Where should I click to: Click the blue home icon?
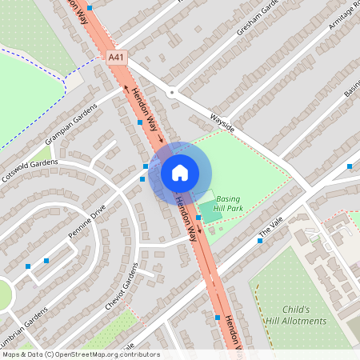click(x=180, y=172)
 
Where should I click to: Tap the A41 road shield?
click(x=117, y=58)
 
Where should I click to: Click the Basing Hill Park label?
click(x=228, y=203)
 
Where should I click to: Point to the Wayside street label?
click(x=221, y=120)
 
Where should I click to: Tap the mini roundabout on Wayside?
click(x=171, y=93)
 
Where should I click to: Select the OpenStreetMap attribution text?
click(x=80, y=354)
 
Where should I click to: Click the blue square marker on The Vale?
click(x=259, y=240)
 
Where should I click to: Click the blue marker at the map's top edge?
click(x=90, y=8)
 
